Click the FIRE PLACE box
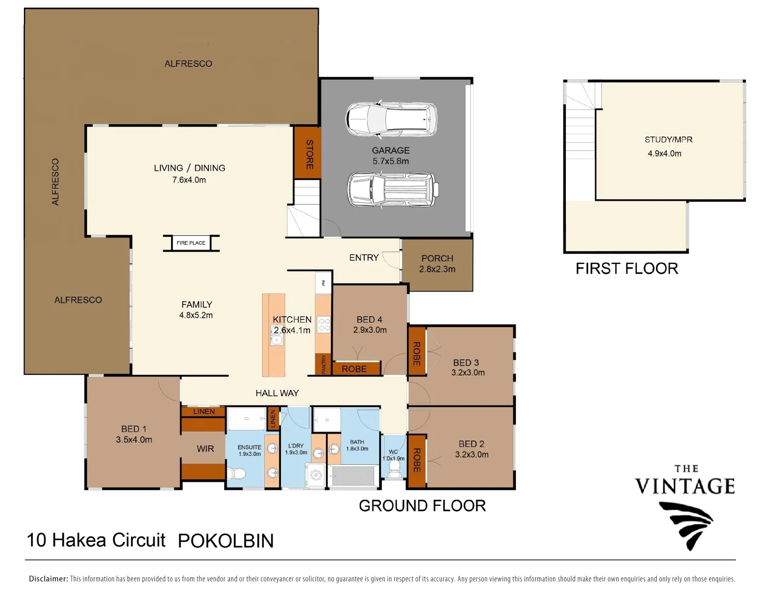click(x=191, y=243)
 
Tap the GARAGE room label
click(x=390, y=150)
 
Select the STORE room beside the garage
click(x=307, y=153)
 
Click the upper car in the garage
click(x=391, y=119)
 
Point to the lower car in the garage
click(x=393, y=189)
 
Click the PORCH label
click(x=437, y=258)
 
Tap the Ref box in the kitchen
click(x=323, y=283)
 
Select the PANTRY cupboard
click(x=323, y=364)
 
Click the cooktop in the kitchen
click(x=323, y=324)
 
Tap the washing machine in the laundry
click(x=316, y=475)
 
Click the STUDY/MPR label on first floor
click(x=668, y=140)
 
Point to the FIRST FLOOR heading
click(x=627, y=268)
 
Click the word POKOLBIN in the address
click(x=226, y=541)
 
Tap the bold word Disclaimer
click(x=48, y=578)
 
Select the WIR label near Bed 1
click(x=205, y=449)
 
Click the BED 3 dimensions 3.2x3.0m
click(x=468, y=373)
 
